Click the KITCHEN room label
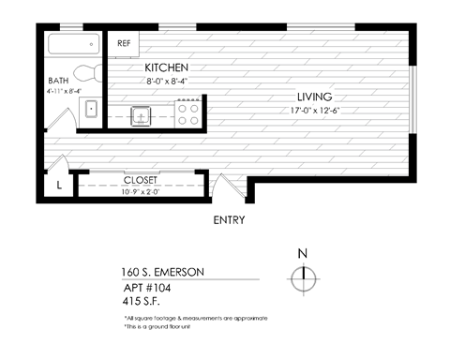[x=167, y=68]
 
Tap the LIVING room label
[x=315, y=97]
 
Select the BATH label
[x=58, y=81]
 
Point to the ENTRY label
[x=229, y=221]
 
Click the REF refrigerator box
[x=124, y=44]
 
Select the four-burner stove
[x=187, y=113]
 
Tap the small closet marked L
[x=59, y=185]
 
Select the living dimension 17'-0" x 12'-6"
[x=315, y=110]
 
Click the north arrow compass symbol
[x=302, y=279]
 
